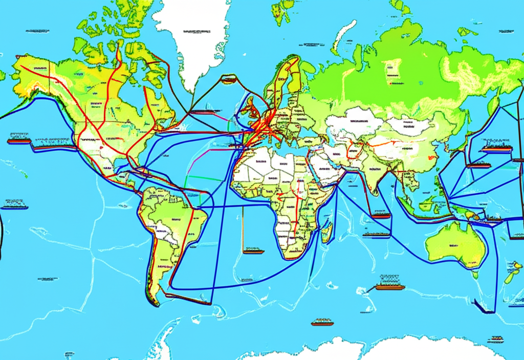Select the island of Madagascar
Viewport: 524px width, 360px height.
coord(325,233)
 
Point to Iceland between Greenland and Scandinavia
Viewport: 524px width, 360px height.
coord(229,79)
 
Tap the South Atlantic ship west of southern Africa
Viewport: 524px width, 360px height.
coord(253,251)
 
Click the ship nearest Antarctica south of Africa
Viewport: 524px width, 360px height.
coord(322,322)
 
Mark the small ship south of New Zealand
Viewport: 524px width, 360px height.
coord(495,339)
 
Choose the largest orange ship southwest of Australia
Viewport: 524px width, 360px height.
coord(390,286)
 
